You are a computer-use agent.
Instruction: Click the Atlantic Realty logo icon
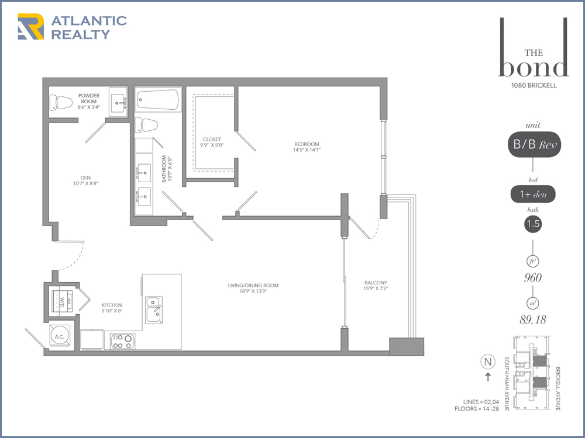[x=30, y=26]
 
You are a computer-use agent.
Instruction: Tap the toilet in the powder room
[x=61, y=102]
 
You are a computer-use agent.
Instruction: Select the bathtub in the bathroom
[x=158, y=99]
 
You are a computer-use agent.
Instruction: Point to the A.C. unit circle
[x=59, y=336]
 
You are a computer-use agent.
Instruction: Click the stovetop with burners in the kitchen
[x=123, y=341]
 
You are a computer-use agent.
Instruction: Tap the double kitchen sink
[x=154, y=309]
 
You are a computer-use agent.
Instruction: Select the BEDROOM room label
[x=307, y=144]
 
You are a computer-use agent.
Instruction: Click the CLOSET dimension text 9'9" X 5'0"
[x=212, y=145]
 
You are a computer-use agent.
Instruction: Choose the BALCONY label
[x=376, y=283]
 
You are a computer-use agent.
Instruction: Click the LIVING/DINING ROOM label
[x=253, y=286]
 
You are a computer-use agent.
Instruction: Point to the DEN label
[x=85, y=178]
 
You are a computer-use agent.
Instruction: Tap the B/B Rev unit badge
[x=534, y=144]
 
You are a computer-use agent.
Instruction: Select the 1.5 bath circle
[x=533, y=224]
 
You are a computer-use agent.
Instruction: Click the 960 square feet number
[x=533, y=277]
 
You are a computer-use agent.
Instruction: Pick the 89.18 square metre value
[x=533, y=319]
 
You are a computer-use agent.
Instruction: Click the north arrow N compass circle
[x=488, y=361]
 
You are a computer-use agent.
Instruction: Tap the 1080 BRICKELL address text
[x=534, y=85]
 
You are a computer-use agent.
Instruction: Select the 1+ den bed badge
[x=533, y=194]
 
